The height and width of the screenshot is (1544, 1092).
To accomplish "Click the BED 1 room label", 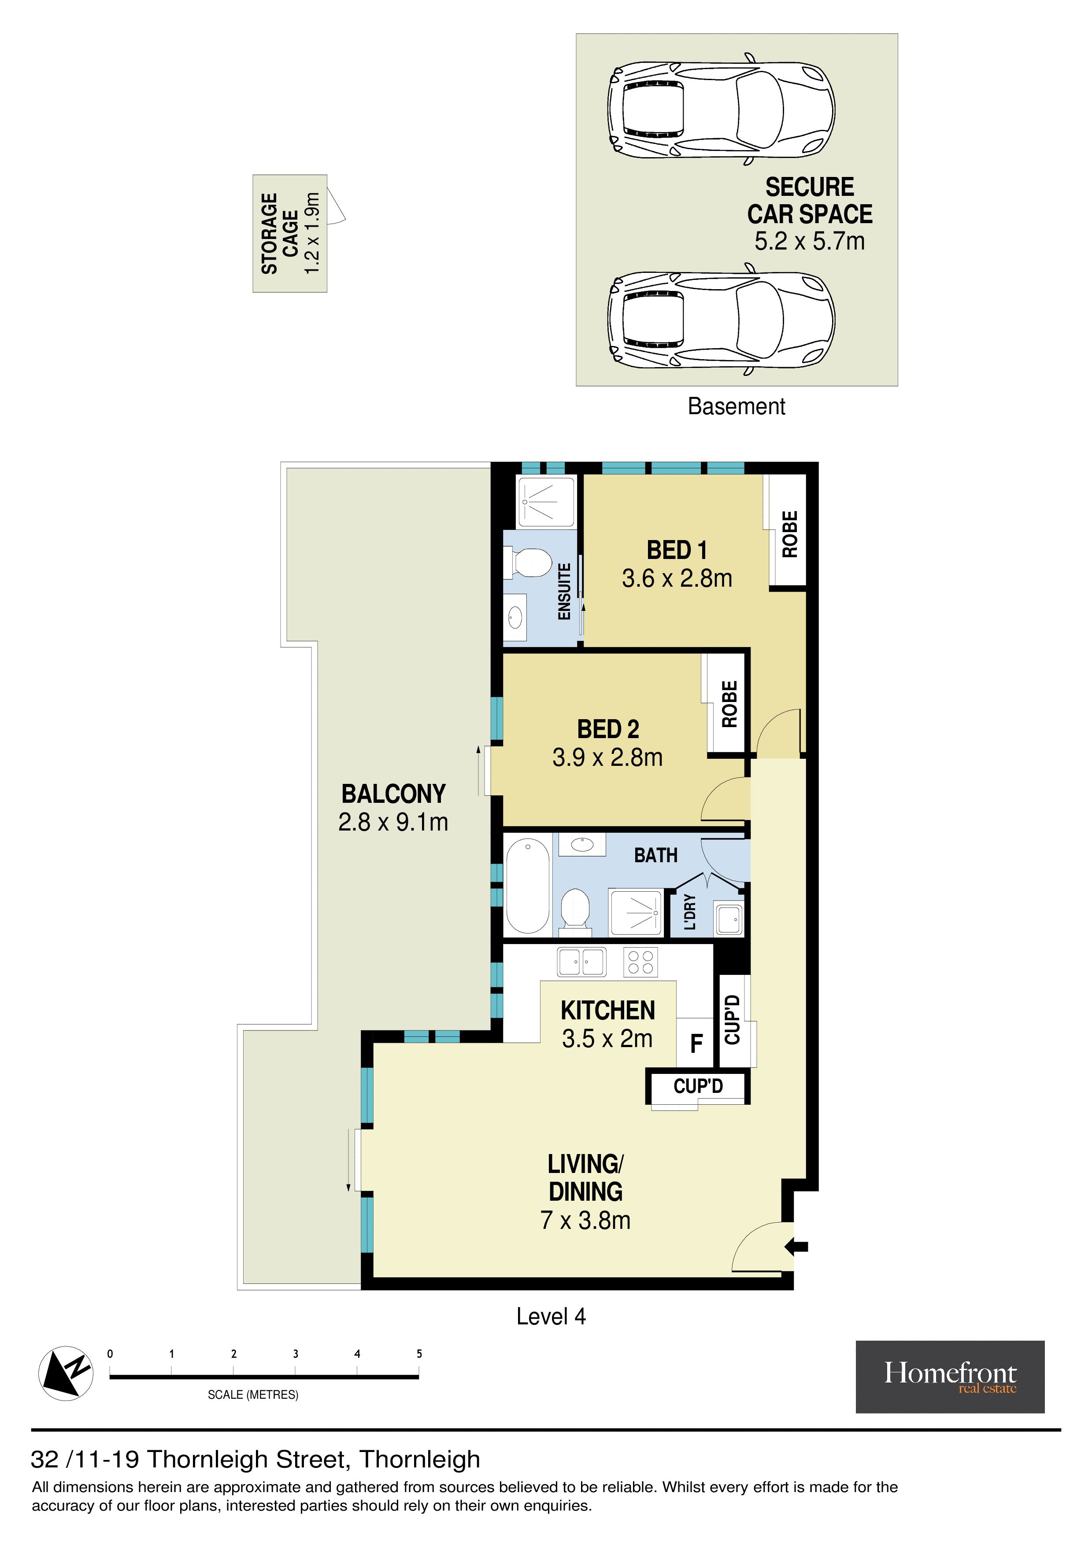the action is click(677, 550).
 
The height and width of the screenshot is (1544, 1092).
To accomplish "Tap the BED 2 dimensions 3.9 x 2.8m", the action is click(607, 758).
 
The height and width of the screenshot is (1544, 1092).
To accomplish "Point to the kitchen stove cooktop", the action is click(640, 962).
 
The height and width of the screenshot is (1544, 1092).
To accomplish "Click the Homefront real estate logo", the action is click(949, 1377).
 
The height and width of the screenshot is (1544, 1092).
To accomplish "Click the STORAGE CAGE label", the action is click(280, 233).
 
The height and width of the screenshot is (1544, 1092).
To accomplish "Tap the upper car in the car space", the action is click(721, 109).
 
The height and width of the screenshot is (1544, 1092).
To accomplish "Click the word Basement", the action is click(736, 406).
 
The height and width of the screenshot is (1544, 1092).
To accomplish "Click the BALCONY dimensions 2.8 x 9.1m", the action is click(393, 822).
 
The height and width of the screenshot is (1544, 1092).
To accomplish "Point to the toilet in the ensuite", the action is click(528, 563).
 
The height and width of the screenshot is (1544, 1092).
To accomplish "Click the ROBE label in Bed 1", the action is click(789, 534).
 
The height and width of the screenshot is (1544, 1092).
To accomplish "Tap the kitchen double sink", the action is click(581, 962).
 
